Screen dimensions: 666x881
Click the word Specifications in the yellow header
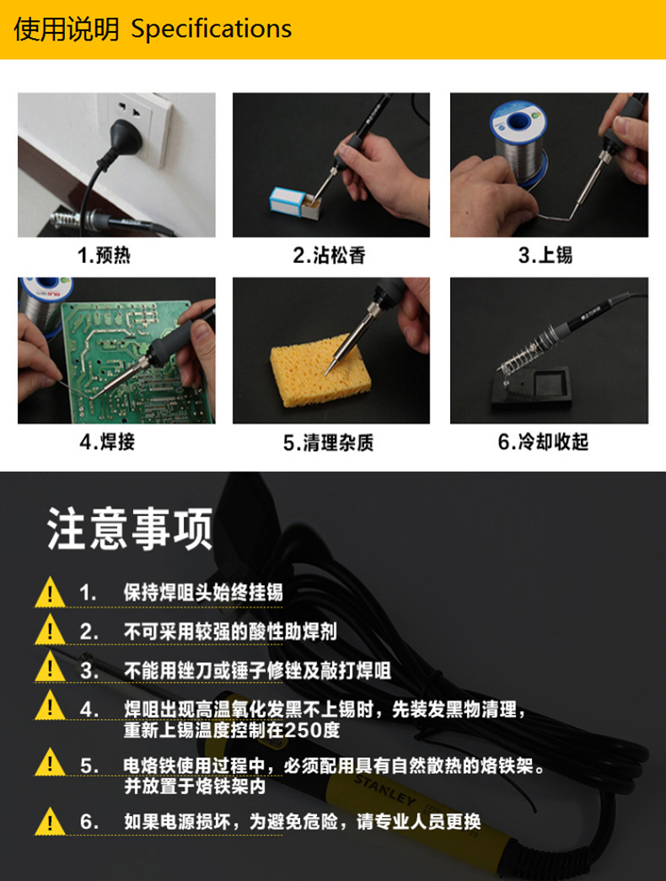[212, 30]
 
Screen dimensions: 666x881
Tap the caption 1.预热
[104, 255]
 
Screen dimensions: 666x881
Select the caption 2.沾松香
[330, 255]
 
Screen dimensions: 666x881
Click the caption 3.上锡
[545, 255]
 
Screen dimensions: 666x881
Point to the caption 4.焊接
[107, 442]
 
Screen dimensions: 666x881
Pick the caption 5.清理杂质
[329, 443]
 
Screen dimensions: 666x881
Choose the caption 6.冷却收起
[544, 442]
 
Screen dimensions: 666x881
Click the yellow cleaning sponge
[320, 368]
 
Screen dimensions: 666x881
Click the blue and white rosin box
[287, 201]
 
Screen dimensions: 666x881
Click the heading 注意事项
[130, 528]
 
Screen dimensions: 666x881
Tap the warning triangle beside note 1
[50, 592]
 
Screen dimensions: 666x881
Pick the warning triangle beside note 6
[50, 821]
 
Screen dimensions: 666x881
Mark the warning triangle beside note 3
[50, 667]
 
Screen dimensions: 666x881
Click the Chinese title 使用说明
[67, 30]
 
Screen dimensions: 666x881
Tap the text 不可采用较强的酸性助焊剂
[230, 631]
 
